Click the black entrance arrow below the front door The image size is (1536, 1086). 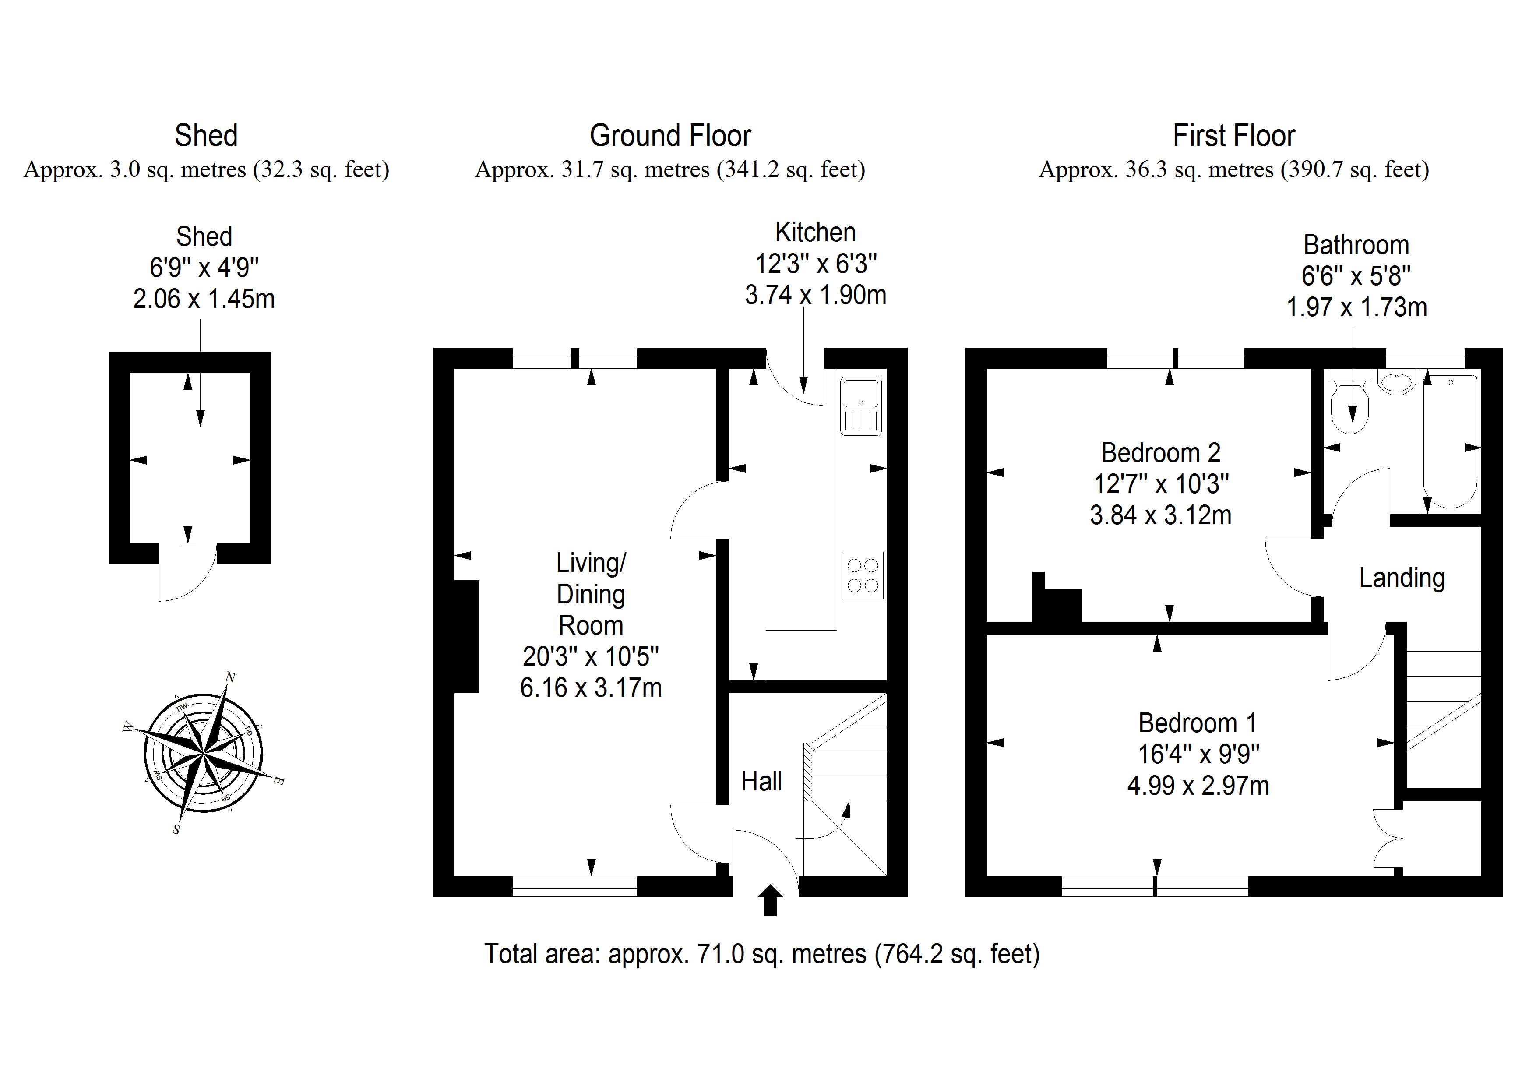770,900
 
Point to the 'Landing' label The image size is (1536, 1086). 1402,578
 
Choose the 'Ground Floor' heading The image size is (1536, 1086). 670,136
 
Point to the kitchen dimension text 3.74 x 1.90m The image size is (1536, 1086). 815,295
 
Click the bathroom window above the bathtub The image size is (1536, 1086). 1425,358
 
